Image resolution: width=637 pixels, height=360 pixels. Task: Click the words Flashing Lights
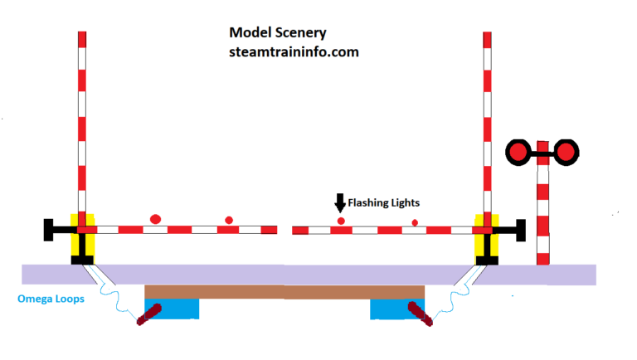[383, 202]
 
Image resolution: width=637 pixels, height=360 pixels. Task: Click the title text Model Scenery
[277, 33]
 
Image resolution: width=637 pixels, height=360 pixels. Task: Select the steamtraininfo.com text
[294, 51]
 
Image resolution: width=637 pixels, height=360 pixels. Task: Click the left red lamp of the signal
[518, 152]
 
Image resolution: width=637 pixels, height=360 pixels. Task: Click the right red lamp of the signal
[566, 152]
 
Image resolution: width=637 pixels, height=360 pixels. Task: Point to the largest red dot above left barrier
[155, 219]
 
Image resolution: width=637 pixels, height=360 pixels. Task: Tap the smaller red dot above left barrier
[229, 220]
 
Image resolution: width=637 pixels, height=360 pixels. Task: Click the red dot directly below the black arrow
[340, 221]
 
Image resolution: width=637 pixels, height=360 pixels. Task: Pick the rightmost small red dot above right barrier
[415, 222]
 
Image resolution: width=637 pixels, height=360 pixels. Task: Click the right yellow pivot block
[484, 236]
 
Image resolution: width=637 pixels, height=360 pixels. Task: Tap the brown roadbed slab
[284, 291]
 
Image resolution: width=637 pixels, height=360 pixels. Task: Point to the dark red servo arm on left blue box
[150, 314]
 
